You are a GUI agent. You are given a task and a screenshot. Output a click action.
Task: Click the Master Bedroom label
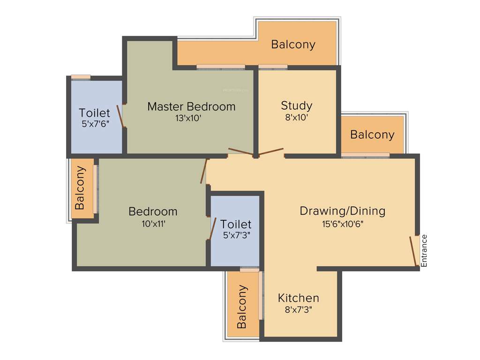(191, 106)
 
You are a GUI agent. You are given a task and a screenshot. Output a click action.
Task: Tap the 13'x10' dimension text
(188, 119)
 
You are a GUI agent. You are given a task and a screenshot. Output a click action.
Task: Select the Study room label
(296, 105)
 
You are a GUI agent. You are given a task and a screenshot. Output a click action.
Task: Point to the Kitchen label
(298, 298)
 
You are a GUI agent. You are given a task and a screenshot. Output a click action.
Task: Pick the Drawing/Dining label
(342, 211)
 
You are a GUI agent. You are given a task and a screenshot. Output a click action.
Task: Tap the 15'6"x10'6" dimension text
(343, 224)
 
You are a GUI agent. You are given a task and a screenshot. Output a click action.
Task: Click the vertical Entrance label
(424, 251)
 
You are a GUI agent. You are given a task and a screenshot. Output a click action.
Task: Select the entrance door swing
(413, 251)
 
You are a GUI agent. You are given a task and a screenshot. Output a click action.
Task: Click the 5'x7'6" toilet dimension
(95, 125)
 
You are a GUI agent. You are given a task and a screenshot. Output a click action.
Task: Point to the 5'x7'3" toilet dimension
(236, 235)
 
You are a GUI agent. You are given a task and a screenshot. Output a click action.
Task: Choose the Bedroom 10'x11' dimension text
(154, 224)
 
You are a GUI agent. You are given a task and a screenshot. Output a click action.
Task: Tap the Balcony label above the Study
(293, 45)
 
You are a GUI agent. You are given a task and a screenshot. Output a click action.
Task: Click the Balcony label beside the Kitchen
(242, 307)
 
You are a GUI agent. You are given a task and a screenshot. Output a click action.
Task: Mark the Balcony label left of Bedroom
(81, 187)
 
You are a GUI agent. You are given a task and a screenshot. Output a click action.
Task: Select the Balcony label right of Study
(372, 135)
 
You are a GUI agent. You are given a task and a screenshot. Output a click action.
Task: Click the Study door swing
(271, 152)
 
